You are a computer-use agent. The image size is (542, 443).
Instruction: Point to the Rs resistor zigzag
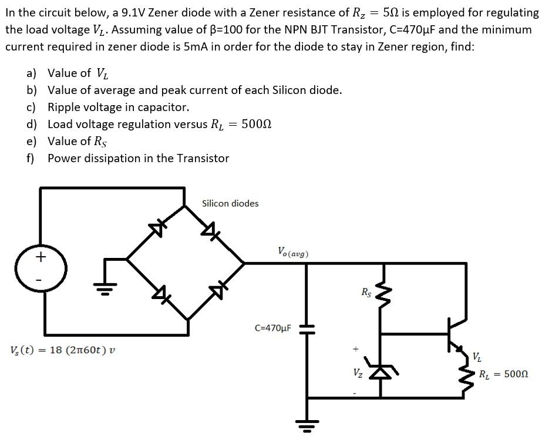(382, 294)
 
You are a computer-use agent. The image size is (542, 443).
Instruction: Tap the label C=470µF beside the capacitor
(272, 327)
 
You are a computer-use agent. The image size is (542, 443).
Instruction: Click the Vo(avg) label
(292, 252)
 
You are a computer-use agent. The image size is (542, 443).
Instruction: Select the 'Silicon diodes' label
(230, 203)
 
